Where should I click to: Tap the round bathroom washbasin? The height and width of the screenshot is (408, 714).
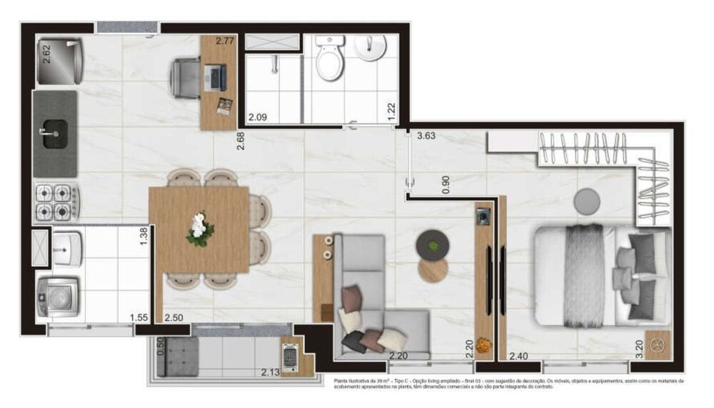[370, 49]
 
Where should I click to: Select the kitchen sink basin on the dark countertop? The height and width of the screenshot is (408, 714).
[54, 134]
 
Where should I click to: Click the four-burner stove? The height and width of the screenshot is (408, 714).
[56, 201]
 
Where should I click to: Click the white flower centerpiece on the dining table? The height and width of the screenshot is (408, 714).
[199, 229]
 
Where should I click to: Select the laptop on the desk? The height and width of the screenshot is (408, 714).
[214, 74]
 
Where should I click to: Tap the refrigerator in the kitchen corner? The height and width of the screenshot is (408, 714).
[60, 61]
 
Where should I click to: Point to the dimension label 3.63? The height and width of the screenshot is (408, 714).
[426, 134]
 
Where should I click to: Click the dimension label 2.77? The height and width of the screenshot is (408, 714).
[225, 41]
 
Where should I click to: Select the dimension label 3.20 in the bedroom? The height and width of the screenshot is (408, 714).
[639, 348]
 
